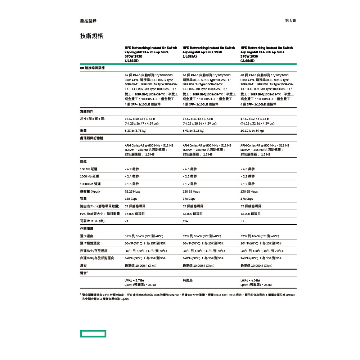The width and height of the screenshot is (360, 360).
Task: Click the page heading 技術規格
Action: (91, 36)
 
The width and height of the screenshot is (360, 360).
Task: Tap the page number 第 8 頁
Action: (290, 21)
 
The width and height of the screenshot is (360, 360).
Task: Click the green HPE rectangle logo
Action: (93, 334)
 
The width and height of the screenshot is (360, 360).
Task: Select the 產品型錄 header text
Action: (88, 21)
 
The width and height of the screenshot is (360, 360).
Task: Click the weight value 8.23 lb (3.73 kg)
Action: (135, 131)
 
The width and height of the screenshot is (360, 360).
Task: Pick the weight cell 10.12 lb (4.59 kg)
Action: (252, 131)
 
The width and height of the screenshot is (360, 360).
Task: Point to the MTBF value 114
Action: (185, 221)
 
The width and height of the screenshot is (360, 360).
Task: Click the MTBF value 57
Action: (242, 221)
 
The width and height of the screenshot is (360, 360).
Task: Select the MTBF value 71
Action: (126, 221)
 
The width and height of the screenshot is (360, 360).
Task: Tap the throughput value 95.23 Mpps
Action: (132, 192)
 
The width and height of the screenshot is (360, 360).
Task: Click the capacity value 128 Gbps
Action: (131, 199)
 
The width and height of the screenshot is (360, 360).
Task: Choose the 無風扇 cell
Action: (188, 280)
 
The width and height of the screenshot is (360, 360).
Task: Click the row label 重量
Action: (83, 131)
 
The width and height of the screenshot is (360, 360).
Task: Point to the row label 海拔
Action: (83, 266)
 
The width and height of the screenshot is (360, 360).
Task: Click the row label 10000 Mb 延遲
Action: (90, 184)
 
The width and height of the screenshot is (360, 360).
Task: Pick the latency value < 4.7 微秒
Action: (131, 169)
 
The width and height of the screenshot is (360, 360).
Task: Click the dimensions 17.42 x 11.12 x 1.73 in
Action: (198, 118)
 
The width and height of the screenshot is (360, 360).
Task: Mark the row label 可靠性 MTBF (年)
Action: (92, 221)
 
